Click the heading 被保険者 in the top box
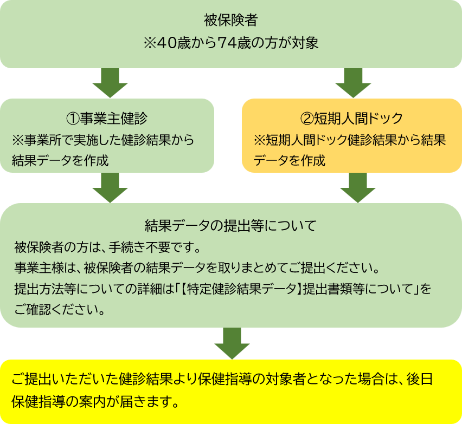pyautogui.click(x=230, y=22)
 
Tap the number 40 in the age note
pyautogui.click(x=164, y=43)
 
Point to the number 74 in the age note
pyautogui.click(x=226, y=43)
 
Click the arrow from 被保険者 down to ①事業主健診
pyautogui.click(x=110, y=83)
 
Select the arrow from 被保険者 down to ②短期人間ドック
pyautogui.click(x=353, y=83)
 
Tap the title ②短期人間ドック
pyautogui.click(x=351, y=118)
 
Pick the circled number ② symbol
pyautogui.click(x=306, y=118)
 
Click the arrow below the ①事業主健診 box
pyautogui.click(x=110, y=187)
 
